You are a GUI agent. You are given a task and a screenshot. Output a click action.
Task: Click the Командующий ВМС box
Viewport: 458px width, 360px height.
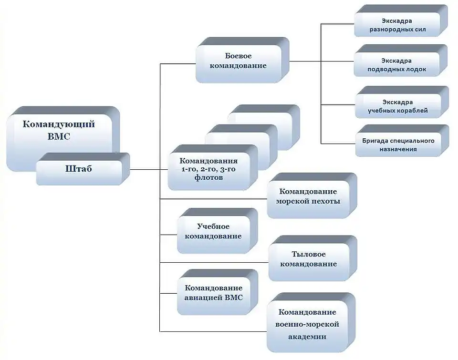(59, 130)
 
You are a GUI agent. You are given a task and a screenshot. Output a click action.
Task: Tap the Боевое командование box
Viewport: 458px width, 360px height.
(238, 61)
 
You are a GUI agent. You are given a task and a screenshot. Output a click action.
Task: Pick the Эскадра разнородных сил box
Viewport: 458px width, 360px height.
(397, 25)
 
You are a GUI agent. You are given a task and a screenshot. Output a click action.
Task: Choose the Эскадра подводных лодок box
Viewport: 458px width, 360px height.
(397, 65)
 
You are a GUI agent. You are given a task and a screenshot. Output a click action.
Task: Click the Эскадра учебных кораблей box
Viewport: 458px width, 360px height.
(398, 106)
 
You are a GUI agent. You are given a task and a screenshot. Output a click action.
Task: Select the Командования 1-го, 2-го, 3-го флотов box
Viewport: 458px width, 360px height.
(208, 169)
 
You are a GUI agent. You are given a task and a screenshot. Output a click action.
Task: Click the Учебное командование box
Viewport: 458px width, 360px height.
(213, 231)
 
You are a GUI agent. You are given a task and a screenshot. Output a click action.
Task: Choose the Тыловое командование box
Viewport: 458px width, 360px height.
(308, 259)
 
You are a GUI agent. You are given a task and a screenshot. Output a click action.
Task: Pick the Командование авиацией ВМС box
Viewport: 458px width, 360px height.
(213, 293)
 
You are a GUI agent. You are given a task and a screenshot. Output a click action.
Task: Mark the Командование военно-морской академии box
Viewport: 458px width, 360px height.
(308, 324)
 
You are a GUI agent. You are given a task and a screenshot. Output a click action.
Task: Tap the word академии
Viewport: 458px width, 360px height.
(308, 336)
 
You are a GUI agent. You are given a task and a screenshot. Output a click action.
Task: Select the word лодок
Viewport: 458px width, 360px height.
(415, 69)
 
